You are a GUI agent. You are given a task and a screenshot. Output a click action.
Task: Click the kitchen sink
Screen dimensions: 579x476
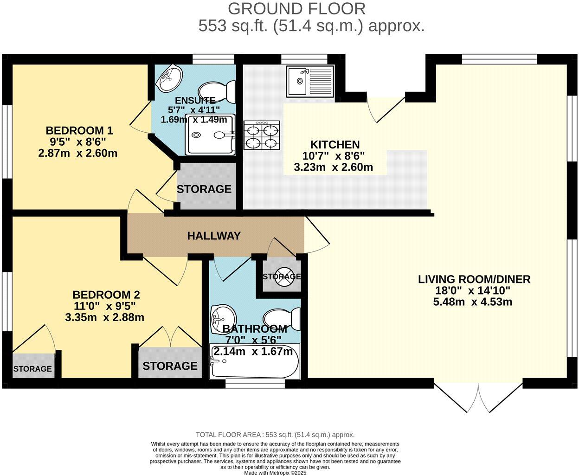coord(310,81)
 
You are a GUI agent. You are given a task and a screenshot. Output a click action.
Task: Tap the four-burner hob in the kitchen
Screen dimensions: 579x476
coord(262,135)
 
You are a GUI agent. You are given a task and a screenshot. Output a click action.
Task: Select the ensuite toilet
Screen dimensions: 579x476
coord(217,91)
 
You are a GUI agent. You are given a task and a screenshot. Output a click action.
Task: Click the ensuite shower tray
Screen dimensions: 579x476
coord(211,135)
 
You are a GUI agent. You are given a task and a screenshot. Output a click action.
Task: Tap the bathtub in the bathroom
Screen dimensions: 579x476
coord(255,361)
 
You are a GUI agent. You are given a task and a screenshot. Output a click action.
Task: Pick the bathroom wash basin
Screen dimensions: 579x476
coord(223,319)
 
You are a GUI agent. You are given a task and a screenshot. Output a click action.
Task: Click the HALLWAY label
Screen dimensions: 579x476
coord(214,236)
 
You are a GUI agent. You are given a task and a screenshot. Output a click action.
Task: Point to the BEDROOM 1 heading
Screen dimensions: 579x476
coord(79,130)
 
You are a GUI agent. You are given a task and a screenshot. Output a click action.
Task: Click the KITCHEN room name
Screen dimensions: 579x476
coord(335,145)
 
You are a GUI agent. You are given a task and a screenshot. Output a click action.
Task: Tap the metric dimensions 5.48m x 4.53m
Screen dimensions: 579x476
coord(472,302)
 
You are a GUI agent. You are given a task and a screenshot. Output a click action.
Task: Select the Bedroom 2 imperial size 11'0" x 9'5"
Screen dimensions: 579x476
coord(104,306)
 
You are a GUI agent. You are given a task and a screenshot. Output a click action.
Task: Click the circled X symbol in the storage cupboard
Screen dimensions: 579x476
coord(282,276)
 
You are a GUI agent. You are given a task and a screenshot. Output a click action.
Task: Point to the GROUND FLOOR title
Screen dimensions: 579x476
coord(296,9)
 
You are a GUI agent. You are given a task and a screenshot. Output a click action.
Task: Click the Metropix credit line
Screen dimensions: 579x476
coord(275,473)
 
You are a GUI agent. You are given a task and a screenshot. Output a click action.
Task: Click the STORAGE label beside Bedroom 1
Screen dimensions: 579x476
coord(204,189)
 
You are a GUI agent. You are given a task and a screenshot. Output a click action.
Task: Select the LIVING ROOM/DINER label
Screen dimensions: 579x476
coord(474,279)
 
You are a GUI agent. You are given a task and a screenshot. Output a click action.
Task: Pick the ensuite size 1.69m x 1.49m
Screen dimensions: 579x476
coord(194,120)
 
